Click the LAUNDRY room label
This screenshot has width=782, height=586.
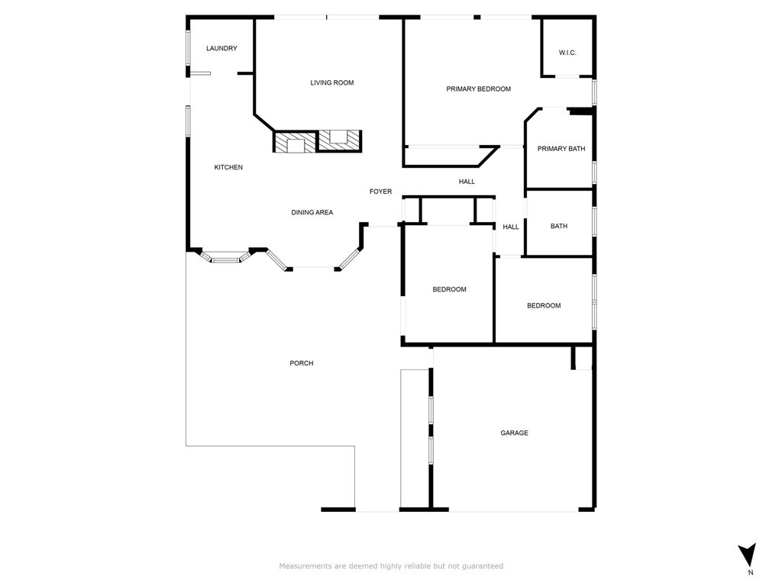(x=221, y=49)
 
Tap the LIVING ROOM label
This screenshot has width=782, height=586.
(x=331, y=82)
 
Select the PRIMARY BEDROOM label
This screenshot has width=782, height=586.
(x=478, y=89)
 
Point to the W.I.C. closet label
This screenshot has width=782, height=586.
(x=567, y=53)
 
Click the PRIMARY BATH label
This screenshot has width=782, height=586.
(x=561, y=149)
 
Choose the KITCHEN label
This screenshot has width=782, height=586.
(x=228, y=167)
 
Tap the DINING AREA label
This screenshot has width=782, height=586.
(x=312, y=212)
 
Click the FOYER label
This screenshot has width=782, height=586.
(x=380, y=192)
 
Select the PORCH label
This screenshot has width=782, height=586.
(x=302, y=363)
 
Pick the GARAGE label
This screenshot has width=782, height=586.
(x=514, y=433)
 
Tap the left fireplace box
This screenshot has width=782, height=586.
(x=295, y=143)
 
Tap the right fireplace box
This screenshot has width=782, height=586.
(x=338, y=140)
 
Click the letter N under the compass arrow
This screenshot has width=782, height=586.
(x=750, y=572)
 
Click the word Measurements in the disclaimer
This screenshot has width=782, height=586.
(x=305, y=566)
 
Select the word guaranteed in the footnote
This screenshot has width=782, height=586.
(x=480, y=566)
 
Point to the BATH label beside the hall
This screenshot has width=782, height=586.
(x=559, y=226)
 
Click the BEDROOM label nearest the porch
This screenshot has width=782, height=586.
(x=449, y=289)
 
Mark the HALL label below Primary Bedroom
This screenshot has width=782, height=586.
(x=467, y=182)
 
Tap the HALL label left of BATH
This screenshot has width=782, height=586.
(x=511, y=227)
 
